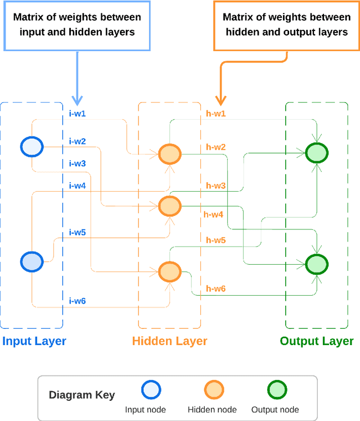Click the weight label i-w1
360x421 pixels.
[77, 114]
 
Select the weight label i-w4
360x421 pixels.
[77, 185]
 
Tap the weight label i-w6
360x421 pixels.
[77, 301]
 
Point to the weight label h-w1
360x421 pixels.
[215, 114]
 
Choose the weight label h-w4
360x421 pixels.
[213, 214]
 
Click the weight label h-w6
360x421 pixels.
[215, 289]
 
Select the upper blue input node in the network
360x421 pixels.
[31, 147]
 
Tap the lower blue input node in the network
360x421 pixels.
[31, 261]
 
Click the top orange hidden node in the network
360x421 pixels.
[169, 153]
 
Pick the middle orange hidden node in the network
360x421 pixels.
[169, 206]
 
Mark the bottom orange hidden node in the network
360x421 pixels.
[169, 271]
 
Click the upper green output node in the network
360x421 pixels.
[317, 152]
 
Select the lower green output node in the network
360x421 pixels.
[317, 263]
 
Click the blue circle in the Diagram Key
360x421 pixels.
[150, 390]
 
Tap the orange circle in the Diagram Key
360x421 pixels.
[213, 390]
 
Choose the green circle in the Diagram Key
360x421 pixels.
[276, 390]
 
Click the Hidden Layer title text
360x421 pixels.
[169, 341]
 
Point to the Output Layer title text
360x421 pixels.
[317, 341]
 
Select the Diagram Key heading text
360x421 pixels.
[82, 395]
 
